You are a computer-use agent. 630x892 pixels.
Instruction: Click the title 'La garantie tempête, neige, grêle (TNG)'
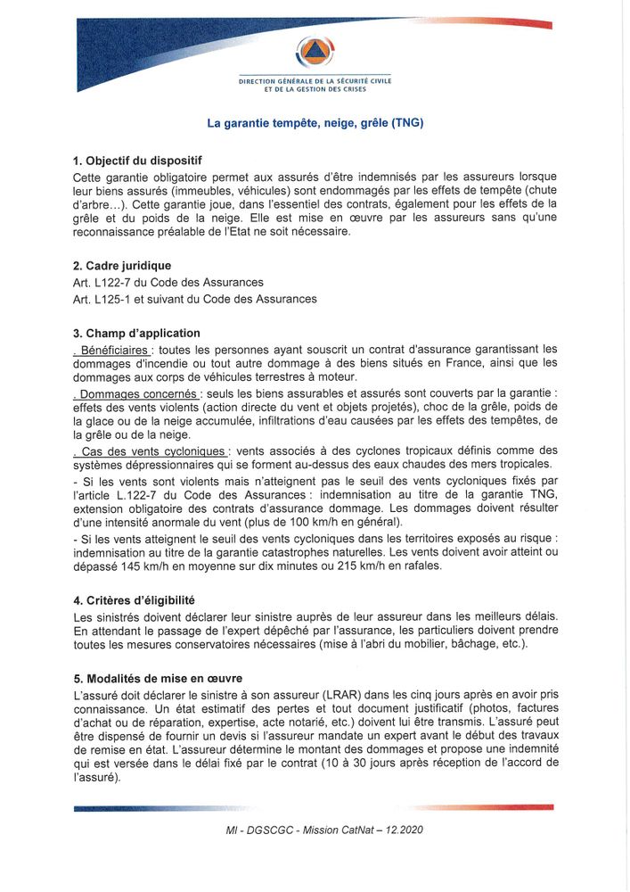(315, 123)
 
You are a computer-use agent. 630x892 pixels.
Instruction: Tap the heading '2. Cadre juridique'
(122, 266)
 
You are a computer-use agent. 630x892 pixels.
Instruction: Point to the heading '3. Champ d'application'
(136, 334)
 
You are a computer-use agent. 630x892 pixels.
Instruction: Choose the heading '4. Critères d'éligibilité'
(134, 600)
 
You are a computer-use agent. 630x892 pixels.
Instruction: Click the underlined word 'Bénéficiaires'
(114, 349)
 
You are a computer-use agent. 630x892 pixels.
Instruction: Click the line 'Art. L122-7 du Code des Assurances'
(168, 282)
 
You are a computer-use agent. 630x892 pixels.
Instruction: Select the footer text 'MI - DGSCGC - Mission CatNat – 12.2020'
(324, 830)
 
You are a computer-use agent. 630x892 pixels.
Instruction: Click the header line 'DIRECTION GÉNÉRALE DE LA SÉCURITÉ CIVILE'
(315, 81)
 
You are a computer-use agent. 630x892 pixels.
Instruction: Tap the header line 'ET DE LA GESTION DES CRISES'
(315, 89)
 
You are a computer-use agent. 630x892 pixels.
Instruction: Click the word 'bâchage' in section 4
(472, 644)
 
